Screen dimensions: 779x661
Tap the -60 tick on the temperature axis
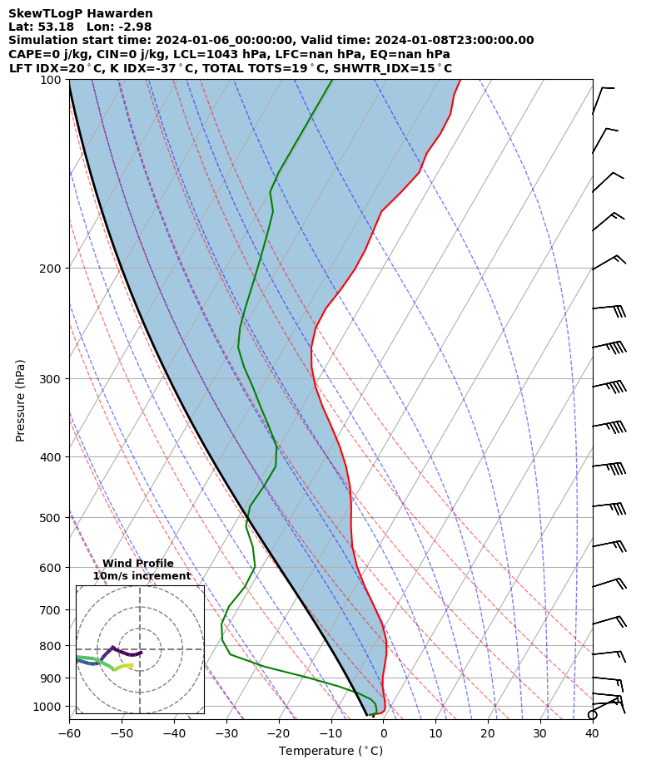coord(69,733)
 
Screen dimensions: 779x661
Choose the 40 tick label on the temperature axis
coord(592,733)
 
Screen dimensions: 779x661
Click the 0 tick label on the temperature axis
coord(383,733)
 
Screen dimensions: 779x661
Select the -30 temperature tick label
coord(226,733)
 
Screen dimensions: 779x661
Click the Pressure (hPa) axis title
coord(21,400)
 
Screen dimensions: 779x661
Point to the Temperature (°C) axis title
coord(330,752)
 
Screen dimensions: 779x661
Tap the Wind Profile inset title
coord(138,564)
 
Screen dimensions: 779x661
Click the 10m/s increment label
coord(142,576)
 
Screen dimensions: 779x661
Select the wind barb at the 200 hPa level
coord(609,262)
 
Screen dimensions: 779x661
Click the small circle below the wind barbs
coord(592,715)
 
